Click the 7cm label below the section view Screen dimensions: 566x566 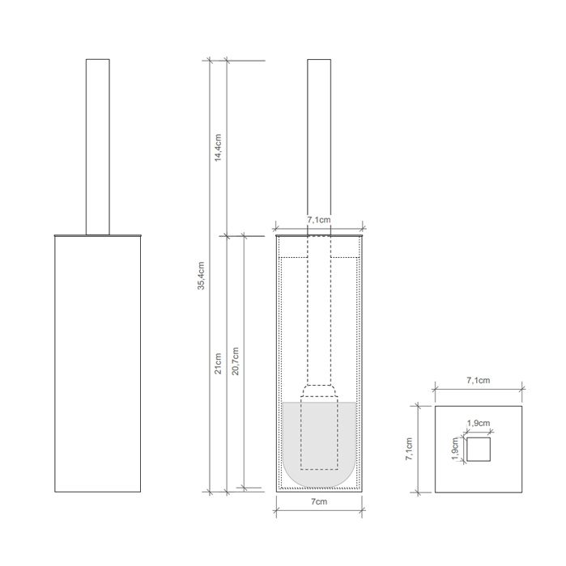[319, 503]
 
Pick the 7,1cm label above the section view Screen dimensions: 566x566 [319, 219]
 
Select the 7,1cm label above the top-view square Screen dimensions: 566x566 [478, 380]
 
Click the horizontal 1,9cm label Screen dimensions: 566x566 [478, 422]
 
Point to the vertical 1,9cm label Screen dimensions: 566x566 [456, 450]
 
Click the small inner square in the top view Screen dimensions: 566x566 [479, 449]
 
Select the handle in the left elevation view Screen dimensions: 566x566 [97, 146]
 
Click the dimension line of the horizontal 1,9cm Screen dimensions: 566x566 [478, 430]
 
